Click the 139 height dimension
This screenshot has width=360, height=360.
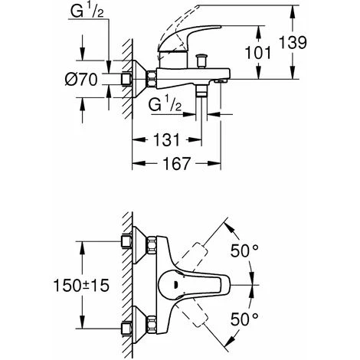293,42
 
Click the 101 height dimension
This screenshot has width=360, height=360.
258,53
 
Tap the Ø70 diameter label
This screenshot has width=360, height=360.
81,80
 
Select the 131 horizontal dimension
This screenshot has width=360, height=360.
166,139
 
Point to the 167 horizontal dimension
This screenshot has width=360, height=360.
177,163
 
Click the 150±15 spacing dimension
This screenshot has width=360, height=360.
81,285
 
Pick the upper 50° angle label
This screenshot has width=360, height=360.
244,250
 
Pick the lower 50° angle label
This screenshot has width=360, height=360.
244,319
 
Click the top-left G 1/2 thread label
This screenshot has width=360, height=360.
87,11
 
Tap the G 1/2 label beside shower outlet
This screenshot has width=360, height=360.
165,104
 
